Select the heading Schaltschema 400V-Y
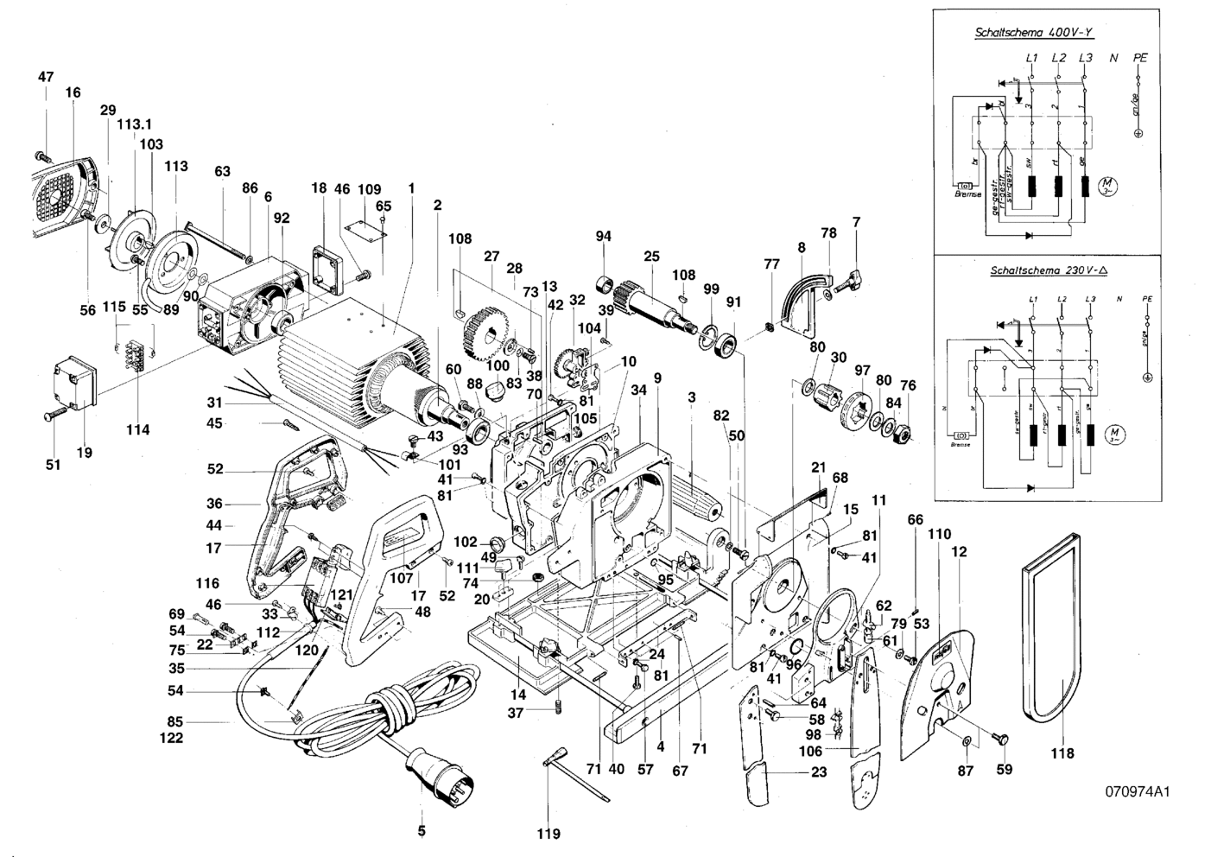[1034, 34]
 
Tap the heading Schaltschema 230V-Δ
[1037, 270]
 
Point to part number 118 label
[1062, 753]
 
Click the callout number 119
[548, 834]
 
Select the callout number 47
[46, 77]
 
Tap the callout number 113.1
[134, 124]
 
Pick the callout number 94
[603, 236]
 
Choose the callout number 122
[171, 738]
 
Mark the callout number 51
[54, 465]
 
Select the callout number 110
[939, 534]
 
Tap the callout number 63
[223, 171]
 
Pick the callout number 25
[651, 257]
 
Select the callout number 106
[810, 752]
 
